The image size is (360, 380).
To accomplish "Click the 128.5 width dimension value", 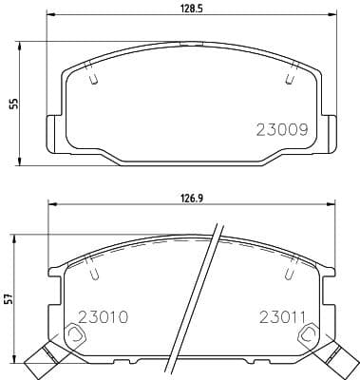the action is (192, 9).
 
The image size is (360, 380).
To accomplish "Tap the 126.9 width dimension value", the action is (192, 199).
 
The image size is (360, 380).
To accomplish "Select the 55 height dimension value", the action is (14, 104).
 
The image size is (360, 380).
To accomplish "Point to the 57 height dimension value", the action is (9, 298).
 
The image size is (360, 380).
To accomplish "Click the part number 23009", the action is (282, 129).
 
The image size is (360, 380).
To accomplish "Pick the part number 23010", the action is (103, 317).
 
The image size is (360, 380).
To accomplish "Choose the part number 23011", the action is (282, 317).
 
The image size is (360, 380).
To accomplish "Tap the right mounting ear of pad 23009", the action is (330, 134).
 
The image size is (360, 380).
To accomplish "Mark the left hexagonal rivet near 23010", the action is (75, 333).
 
